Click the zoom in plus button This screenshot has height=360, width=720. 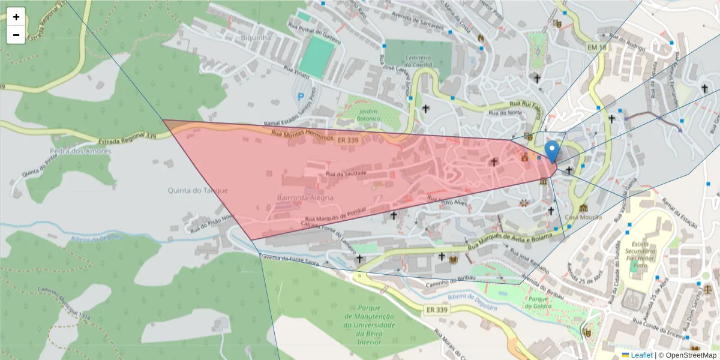(16, 17)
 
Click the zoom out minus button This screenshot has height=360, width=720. (16, 35)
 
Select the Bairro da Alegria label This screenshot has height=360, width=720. (305, 197)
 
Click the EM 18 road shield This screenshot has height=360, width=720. (598, 47)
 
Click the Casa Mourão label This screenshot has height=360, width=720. (583, 217)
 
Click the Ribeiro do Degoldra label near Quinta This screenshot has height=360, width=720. (97, 238)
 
